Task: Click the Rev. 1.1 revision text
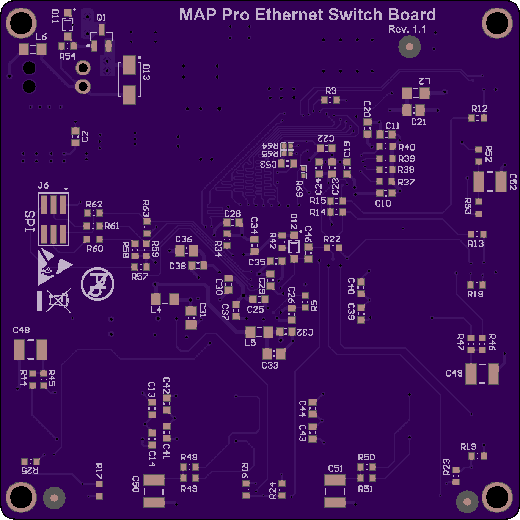click(407, 29)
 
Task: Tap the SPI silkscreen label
click(30, 221)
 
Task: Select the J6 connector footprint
click(53, 219)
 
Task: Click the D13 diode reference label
click(146, 72)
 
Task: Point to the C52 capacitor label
click(513, 182)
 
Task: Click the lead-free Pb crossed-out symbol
click(97, 284)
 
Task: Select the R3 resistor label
click(331, 91)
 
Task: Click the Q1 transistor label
click(101, 18)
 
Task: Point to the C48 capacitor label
click(21, 330)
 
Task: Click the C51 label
click(335, 468)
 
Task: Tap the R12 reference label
click(479, 108)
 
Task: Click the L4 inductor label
click(156, 310)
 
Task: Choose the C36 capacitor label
click(184, 239)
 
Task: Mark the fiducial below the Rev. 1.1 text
click(409, 47)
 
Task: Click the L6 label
click(41, 37)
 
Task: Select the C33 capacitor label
click(270, 365)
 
